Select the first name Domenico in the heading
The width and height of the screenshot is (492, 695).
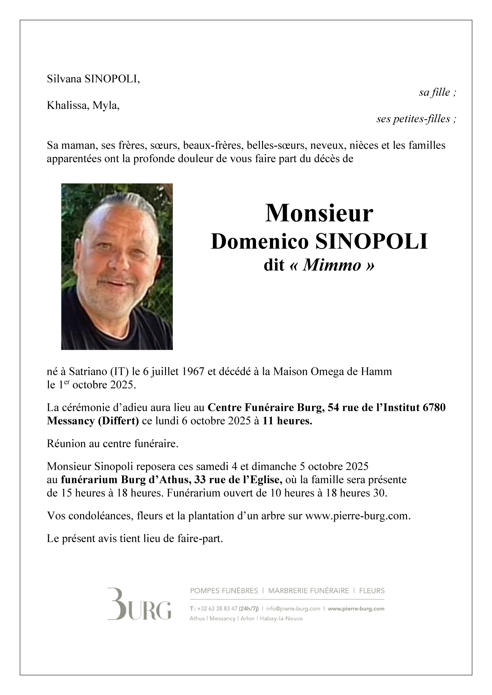click(x=260, y=241)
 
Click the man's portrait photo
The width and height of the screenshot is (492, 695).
click(x=117, y=266)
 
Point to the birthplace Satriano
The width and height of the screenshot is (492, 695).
click(x=83, y=372)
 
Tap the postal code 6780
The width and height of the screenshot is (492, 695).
click(x=434, y=407)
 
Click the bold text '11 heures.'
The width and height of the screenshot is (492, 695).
click(x=287, y=421)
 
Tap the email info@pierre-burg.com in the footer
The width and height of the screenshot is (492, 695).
click(x=293, y=609)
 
